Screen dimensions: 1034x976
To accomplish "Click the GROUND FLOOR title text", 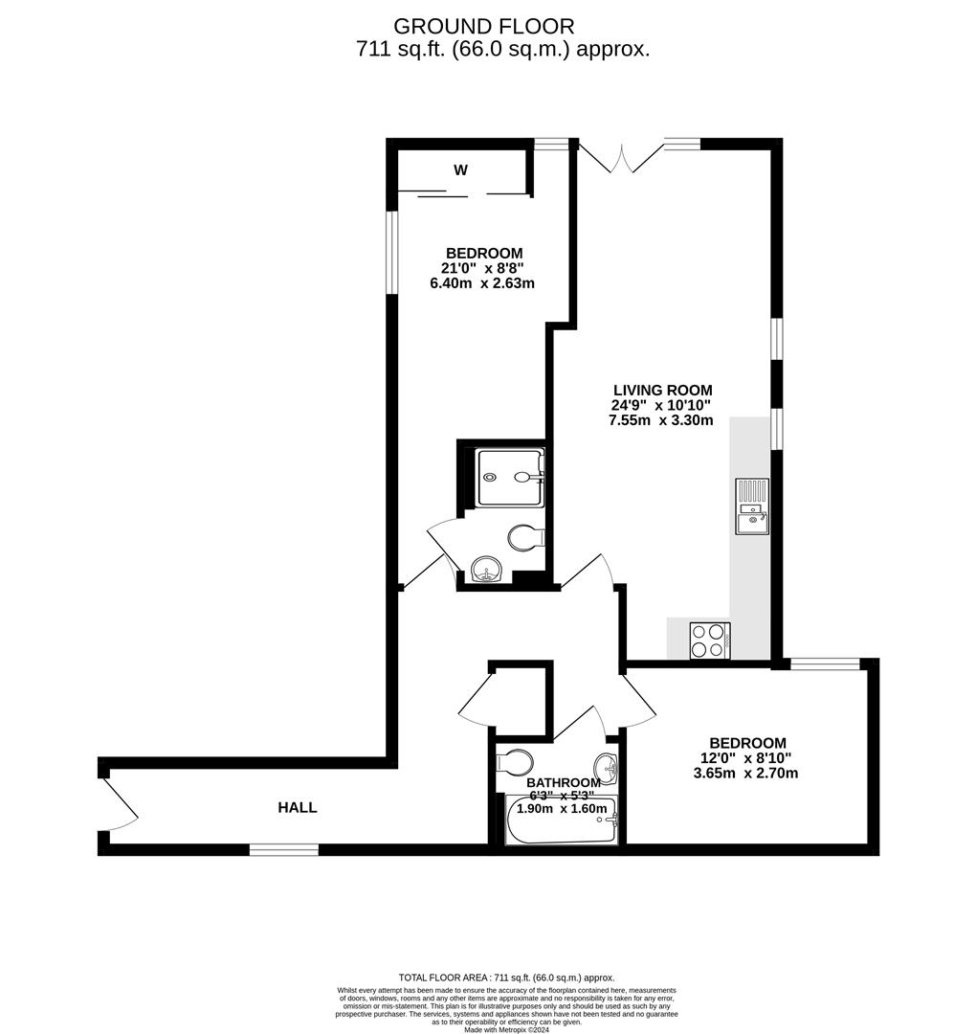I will coord(484,26).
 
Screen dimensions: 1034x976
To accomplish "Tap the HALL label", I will coord(298,808).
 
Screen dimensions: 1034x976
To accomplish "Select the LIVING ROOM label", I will coord(662,390).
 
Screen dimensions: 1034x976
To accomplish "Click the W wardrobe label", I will coord(460,170).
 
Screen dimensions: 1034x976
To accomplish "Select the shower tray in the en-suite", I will coord(511,477).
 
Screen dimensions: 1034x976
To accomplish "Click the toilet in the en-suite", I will coord(525,538).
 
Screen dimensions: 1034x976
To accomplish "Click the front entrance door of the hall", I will coord(120,804).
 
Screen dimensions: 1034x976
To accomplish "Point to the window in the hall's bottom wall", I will coord(283,849).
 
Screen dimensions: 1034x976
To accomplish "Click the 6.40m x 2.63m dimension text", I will coord(482,283).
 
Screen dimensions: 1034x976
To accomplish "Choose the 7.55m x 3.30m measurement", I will coord(661,420).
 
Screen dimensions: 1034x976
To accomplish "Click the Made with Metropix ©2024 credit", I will coord(509,1029).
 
